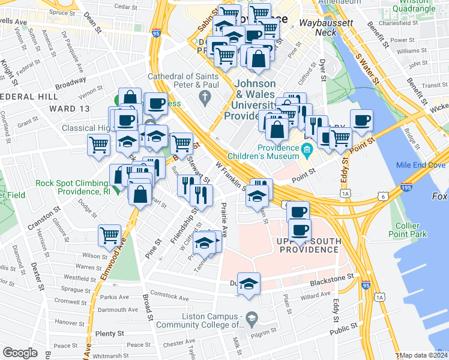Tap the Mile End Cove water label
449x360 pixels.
coord(420,165)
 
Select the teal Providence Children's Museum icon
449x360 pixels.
coord(307,148)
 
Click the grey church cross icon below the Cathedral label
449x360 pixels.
coord(205,95)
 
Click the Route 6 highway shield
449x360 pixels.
coord(383,196)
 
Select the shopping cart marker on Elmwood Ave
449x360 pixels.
coord(110,236)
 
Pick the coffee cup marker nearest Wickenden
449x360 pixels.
coord(361,120)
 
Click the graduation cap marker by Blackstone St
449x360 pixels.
coord(248,284)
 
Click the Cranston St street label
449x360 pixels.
coord(44,217)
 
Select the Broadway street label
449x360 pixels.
coord(70,80)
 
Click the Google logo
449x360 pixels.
coord(20,353)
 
